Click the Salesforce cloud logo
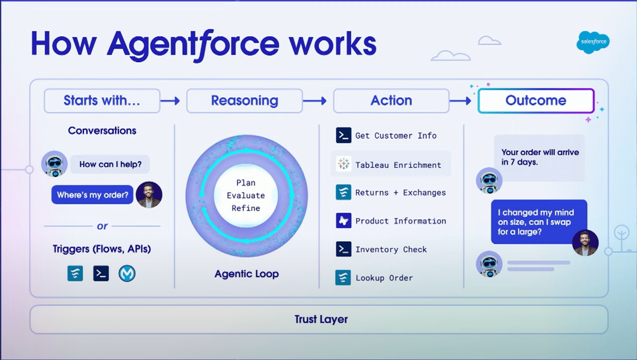pos(592,44)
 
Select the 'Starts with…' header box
pos(102,101)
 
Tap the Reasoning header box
pos(244,101)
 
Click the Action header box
pos(391,101)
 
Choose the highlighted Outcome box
pos(536,101)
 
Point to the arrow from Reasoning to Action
pos(317,101)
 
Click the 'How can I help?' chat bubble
pos(110,164)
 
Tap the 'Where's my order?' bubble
pos(92,195)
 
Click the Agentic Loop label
pos(246,274)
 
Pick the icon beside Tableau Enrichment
pos(343,165)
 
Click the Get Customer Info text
pos(395,135)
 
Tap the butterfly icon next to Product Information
pos(343,221)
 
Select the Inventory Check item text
pos(391,250)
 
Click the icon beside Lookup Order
pos(343,278)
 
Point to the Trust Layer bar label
pos(321,319)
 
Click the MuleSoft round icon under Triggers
pos(127,273)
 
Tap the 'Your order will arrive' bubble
pos(539,158)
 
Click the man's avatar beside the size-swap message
pos(585,243)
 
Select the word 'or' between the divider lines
pos(102,226)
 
